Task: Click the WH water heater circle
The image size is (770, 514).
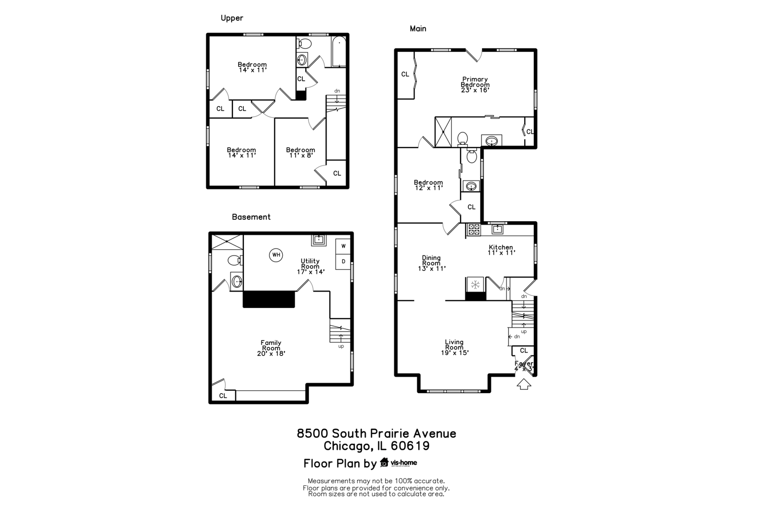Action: pyautogui.click(x=276, y=255)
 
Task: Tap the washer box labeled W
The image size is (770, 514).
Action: pyautogui.click(x=343, y=246)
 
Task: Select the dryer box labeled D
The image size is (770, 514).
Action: pyautogui.click(x=343, y=261)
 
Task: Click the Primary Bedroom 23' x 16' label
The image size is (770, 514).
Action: pyautogui.click(x=475, y=85)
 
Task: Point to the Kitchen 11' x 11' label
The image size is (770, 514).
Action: pyautogui.click(x=501, y=250)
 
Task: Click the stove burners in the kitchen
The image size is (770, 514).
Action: pyautogui.click(x=474, y=229)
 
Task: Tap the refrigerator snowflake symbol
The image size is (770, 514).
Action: pyautogui.click(x=474, y=285)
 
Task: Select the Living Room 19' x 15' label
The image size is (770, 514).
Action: pyautogui.click(x=454, y=347)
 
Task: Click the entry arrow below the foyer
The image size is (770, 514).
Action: pyautogui.click(x=523, y=384)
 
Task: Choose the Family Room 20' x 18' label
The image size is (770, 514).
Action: pyautogui.click(x=271, y=348)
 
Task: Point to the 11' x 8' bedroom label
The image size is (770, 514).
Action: pyautogui.click(x=300, y=152)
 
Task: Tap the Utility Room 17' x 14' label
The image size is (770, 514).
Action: pyautogui.click(x=310, y=267)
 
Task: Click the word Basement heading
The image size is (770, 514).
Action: pyautogui.click(x=251, y=217)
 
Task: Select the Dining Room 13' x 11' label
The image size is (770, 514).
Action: pyautogui.click(x=431, y=263)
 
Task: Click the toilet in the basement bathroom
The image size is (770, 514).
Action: pyautogui.click(x=234, y=260)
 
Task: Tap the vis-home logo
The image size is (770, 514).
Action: pyautogui.click(x=398, y=463)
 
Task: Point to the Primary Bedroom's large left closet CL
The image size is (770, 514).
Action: pyautogui.click(x=405, y=74)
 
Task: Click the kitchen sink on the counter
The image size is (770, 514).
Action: pyautogui.click(x=497, y=229)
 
